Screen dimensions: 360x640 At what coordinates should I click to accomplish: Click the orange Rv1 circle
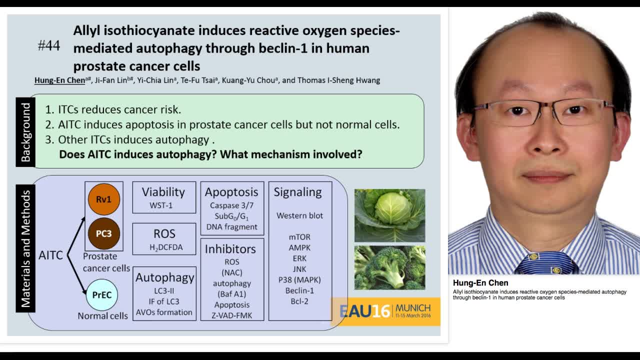pos(103,199)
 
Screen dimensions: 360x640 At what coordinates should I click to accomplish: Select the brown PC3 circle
pos(103,233)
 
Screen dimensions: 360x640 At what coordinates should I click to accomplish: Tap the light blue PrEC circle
pos(102,295)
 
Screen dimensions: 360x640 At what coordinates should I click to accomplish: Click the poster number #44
pos(49,46)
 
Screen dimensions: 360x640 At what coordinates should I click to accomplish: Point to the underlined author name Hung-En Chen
pos(59,80)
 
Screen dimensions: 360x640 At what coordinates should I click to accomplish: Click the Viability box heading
pos(163,192)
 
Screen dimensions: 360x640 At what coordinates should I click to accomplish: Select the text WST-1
pos(161,205)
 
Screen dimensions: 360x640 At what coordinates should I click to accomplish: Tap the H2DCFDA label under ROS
pos(166,247)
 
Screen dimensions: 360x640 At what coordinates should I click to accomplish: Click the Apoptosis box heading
pos(231,192)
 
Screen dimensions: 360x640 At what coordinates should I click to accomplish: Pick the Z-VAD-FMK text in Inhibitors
pos(232,315)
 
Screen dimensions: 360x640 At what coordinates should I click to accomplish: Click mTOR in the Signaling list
pos(299,237)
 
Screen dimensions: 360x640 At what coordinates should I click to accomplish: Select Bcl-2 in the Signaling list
pos(299,301)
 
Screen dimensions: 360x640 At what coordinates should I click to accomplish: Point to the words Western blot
pos(299,215)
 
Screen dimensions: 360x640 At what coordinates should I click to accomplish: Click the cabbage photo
pos(389,215)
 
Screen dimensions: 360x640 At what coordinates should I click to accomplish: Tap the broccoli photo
pos(389,267)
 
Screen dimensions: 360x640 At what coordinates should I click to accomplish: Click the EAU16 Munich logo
pos(385,311)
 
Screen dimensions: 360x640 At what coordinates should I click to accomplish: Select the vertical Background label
pos(25,132)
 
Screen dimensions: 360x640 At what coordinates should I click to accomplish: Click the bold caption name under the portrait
pos(480,283)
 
